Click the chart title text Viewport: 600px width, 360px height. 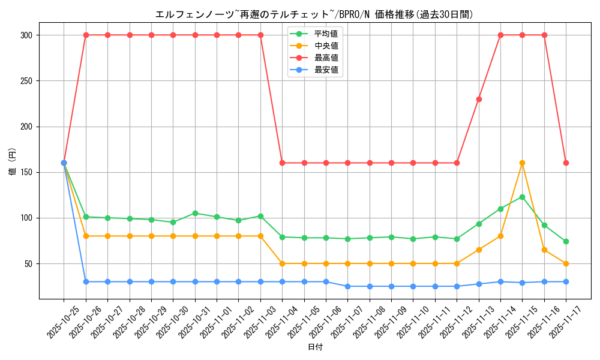314,14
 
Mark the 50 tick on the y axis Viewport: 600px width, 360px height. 28,264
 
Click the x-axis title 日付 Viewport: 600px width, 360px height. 315,347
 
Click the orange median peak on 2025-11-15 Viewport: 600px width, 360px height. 522,163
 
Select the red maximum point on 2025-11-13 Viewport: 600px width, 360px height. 479,99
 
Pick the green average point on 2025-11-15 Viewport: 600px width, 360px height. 522,197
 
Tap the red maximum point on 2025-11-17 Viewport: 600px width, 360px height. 566,163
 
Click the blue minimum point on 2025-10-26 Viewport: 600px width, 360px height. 86,281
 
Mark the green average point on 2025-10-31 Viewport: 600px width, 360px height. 195,213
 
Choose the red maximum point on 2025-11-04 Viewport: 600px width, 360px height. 282,163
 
